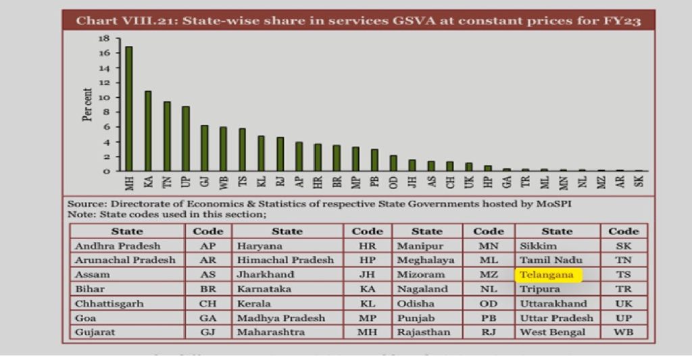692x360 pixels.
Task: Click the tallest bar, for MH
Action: [x=128, y=109]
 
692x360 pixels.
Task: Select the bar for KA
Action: [x=147, y=131]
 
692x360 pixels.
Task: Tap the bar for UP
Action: [x=185, y=138]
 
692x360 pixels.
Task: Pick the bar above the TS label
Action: [x=242, y=149]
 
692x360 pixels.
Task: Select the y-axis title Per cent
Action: [x=88, y=105]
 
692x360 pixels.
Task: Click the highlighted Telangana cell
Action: [x=547, y=275]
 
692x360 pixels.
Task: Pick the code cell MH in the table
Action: [x=367, y=332]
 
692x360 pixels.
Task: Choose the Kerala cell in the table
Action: [x=254, y=304]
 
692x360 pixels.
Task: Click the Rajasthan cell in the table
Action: [x=424, y=332]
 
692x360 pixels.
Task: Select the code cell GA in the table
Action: [x=207, y=318]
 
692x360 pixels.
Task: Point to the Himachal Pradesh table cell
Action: [x=285, y=260]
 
